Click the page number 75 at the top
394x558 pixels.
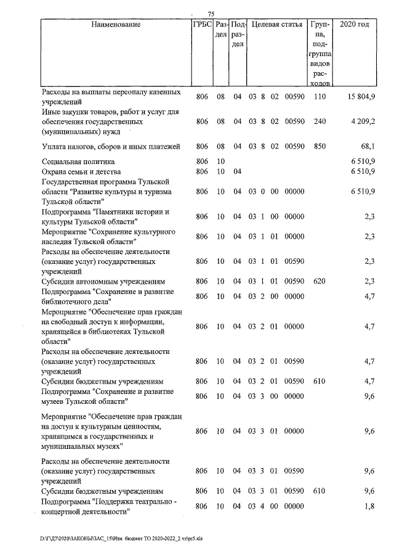[211, 14]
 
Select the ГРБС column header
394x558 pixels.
[203, 25]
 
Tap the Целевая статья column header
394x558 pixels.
[277, 25]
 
